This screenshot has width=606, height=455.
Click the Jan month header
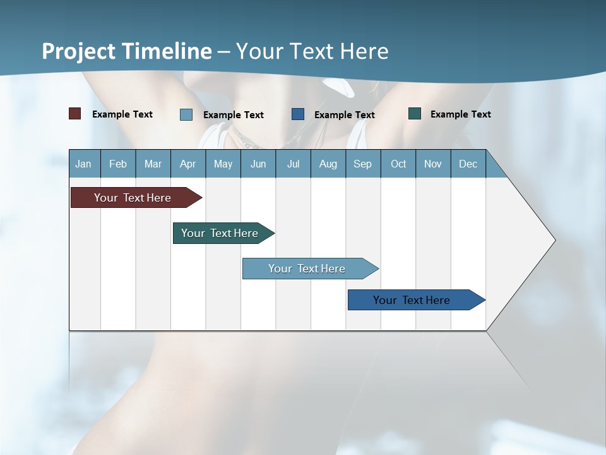coord(83,164)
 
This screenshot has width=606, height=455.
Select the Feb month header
coord(118,164)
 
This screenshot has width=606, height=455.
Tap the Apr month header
coord(187,164)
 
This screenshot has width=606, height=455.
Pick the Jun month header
coord(258,164)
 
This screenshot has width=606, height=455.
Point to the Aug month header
coord(328,164)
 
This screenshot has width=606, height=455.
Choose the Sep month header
coord(362,164)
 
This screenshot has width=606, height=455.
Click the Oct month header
coord(398,164)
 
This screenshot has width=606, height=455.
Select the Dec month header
coord(468,164)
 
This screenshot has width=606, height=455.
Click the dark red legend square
coord(75,114)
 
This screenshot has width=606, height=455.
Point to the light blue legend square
coord(186,114)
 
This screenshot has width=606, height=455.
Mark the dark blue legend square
coord(298,114)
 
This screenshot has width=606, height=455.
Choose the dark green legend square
coord(415,114)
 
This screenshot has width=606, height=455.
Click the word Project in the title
coord(79,51)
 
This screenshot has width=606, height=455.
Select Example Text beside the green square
coord(460,114)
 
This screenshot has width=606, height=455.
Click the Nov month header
coord(433,164)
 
